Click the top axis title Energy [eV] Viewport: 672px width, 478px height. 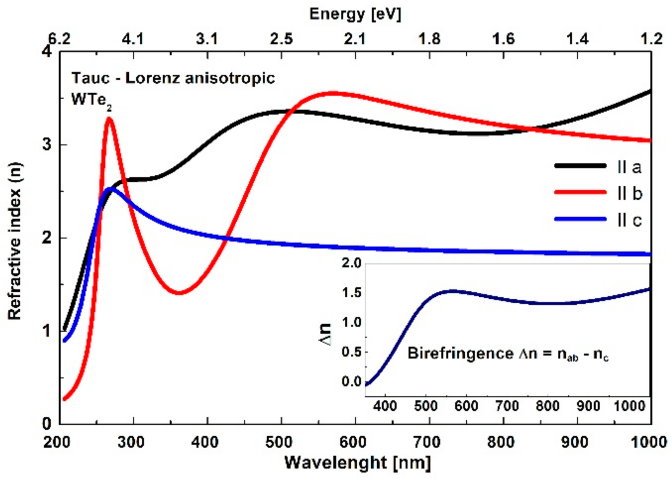[355, 14]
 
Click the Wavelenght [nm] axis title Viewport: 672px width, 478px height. [357, 463]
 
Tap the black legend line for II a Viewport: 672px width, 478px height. [580, 166]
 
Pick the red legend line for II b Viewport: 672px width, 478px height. [580, 192]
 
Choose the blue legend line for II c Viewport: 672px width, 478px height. [580, 219]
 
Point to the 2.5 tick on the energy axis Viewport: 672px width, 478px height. [281, 39]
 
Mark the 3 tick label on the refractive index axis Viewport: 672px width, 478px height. [47, 144]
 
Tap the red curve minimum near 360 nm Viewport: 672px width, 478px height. [179, 293]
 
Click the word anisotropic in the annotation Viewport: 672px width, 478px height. [230, 78]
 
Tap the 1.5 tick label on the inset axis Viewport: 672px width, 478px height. [351, 293]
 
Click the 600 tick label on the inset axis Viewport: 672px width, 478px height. [466, 406]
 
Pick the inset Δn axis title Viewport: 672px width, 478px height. [325, 334]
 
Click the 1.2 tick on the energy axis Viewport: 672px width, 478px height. [652, 39]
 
